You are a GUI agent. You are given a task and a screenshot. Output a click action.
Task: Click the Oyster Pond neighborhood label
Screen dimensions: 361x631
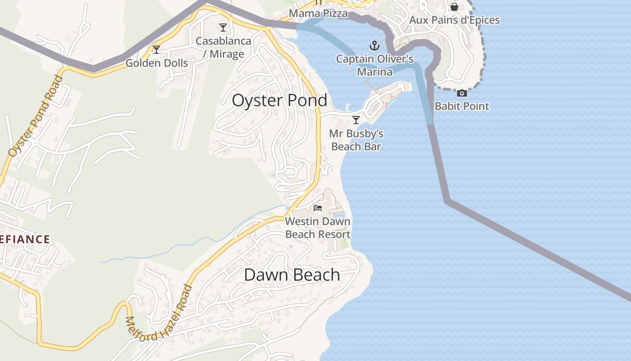[279, 100]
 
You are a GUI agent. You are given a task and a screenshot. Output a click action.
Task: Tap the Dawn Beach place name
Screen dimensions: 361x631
[292, 274]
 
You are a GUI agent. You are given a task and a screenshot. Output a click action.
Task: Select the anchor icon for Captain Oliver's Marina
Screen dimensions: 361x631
[374, 45]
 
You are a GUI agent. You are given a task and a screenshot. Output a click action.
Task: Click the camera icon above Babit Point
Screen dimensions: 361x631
[462, 93]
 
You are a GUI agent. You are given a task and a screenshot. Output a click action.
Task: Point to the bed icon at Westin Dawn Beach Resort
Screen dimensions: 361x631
[318, 208]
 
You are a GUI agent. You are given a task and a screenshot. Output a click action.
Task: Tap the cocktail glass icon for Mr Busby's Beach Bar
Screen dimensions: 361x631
[356, 120]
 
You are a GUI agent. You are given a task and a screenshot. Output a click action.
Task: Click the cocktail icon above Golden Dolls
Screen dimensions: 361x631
[156, 49]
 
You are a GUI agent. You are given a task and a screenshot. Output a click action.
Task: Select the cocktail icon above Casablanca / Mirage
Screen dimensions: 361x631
[223, 28]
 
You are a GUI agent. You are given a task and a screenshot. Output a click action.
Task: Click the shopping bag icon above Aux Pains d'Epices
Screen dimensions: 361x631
[454, 7]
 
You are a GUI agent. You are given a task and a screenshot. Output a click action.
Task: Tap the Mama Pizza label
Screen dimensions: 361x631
[318, 14]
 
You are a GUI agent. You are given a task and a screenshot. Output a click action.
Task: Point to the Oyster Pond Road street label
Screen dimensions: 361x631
[36, 116]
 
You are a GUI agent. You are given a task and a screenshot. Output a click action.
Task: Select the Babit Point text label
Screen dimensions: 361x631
[462, 106]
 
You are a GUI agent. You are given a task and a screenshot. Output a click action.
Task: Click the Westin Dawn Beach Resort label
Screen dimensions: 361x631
[318, 228]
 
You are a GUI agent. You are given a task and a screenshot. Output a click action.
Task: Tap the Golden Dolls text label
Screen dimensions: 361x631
[156, 63]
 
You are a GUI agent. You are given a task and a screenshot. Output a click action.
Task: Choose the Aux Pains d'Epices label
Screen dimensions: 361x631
[454, 20]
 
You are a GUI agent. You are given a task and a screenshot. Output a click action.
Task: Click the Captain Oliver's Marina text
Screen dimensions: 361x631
[375, 65]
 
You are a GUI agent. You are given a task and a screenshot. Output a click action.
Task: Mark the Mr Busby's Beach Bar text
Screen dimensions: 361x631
[356, 140]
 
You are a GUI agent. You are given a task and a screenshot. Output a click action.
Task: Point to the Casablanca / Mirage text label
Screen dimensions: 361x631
[223, 47]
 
